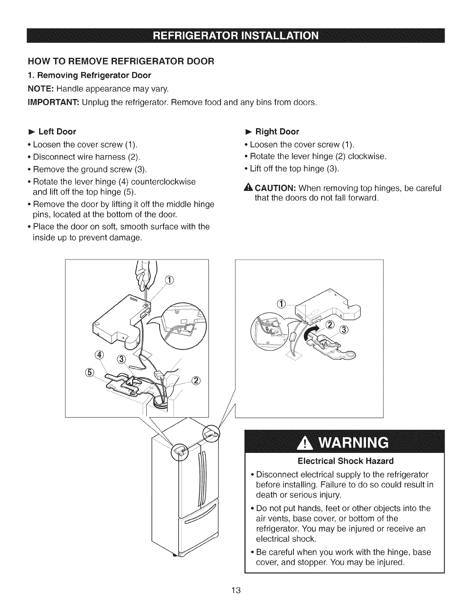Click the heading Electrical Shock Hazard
tap(345, 461)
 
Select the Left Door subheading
tap(57, 132)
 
